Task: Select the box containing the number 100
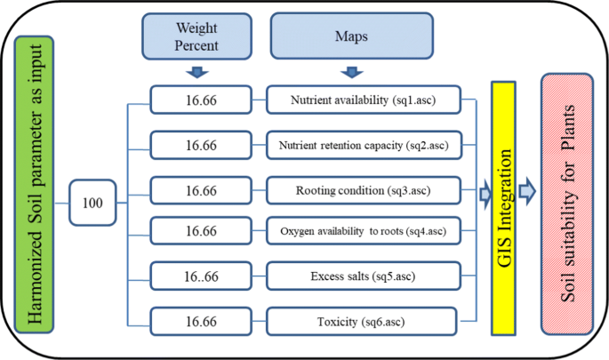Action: tap(93, 204)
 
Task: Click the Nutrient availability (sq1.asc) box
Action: tap(363, 100)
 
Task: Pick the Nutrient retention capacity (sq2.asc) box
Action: tap(363, 143)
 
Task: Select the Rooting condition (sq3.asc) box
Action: tap(363, 190)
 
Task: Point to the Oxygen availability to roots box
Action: tap(363, 232)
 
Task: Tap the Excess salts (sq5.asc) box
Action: tap(363, 276)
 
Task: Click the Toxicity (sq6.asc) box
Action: tap(363, 320)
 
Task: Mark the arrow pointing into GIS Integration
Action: tap(485, 192)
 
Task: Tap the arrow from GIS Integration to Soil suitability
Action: tap(527, 188)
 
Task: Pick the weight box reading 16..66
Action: tap(202, 276)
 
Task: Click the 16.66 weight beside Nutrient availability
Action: tap(202, 100)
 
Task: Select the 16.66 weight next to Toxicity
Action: tap(202, 320)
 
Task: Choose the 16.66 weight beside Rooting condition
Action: tap(202, 190)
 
